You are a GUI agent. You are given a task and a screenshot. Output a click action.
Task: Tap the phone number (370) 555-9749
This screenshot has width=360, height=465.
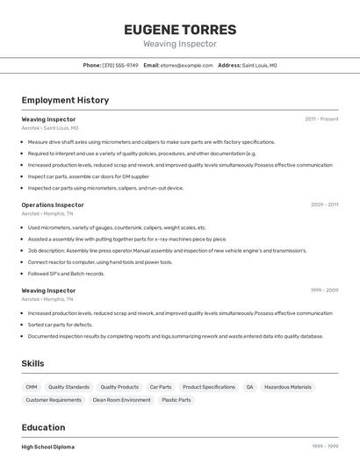click(x=120, y=65)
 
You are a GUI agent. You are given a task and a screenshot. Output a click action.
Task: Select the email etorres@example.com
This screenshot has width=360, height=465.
click(x=186, y=65)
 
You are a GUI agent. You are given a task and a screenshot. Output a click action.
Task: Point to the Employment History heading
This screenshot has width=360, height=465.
click(x=65, y=100)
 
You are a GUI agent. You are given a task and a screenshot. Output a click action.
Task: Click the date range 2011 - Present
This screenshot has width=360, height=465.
click(x=321, y=118)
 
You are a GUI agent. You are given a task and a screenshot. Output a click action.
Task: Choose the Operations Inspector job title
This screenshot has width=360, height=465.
click(x=53, y=204)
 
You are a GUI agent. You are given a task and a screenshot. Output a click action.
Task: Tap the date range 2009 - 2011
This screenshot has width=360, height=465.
click(x=324, y=204)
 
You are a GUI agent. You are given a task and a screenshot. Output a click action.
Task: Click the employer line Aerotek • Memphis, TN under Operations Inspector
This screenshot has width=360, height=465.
click(x=47, y=213)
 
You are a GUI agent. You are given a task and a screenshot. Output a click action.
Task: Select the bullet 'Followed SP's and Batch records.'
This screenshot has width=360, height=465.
click(x=66, y=273)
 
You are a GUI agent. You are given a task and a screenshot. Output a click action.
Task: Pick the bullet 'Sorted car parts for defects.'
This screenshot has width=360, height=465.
click(x=60, y=324)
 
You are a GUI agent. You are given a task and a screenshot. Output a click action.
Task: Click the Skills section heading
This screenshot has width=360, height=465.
click(x=32, y=363)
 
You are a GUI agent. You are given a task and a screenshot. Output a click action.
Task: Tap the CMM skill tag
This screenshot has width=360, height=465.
click(x=32, y=387)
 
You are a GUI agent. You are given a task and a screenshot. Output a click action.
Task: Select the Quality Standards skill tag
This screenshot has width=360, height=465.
click(x=68, y=387)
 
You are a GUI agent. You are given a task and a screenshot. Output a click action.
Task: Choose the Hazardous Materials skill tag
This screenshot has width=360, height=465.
click(x=287, y=387)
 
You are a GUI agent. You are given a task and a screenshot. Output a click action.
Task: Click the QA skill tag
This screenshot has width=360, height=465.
click(x=249, y=387)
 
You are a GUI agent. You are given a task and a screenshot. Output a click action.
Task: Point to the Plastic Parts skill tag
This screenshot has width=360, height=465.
click(x=176, y=400)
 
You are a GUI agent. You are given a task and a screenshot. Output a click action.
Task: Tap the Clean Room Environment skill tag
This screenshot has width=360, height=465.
click(x=122, y=400)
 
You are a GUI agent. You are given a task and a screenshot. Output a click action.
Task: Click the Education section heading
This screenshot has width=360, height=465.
click(x=44, y=427)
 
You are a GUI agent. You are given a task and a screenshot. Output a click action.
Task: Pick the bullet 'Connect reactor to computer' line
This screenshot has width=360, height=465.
click(x=99, y=261)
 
